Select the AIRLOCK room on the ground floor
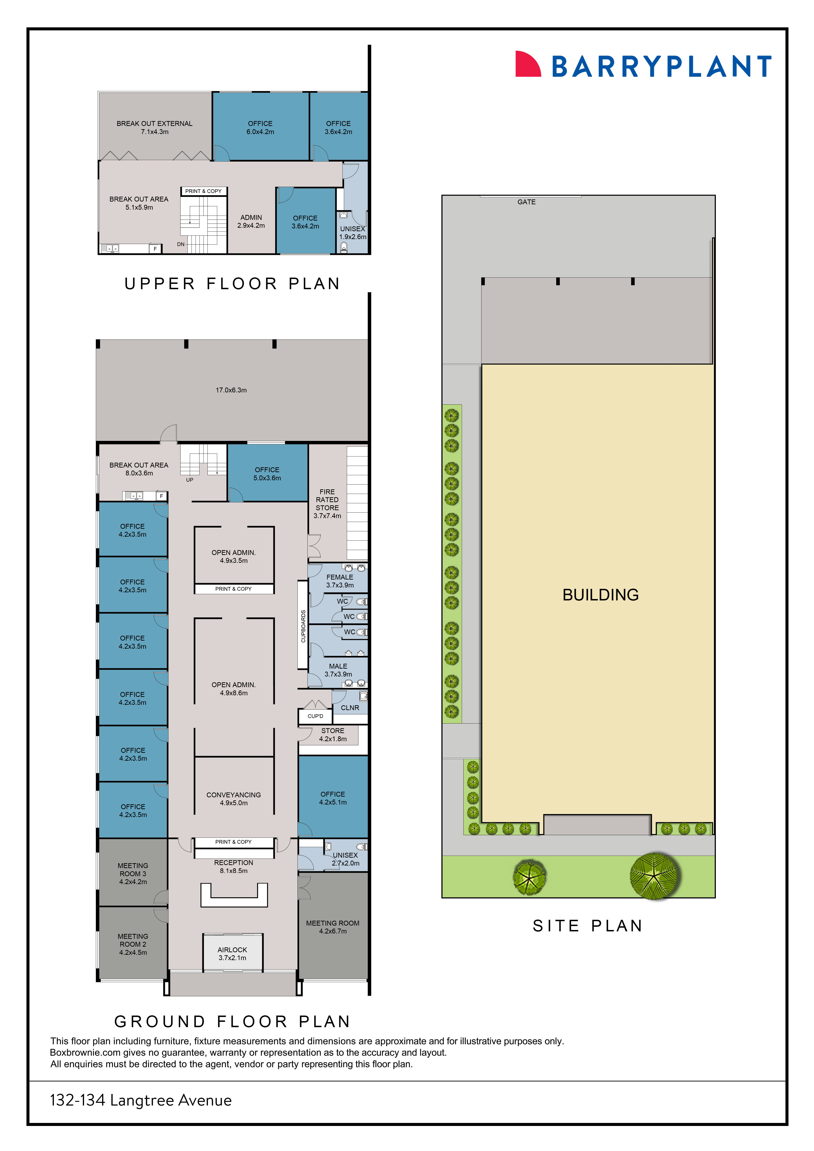[232, 953]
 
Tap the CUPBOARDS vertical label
[303, 626]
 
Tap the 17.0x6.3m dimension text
[231, 390]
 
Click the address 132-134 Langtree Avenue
[141, 1100]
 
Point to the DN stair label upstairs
[181, 244]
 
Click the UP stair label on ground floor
[190, 480]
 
